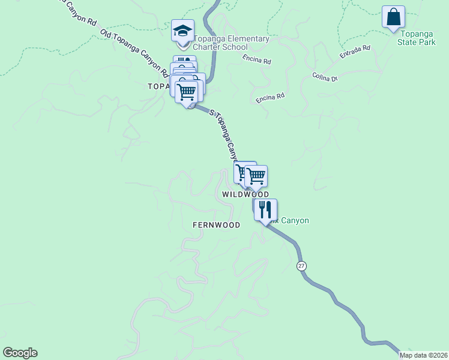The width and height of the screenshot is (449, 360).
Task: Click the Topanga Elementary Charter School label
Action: tap(231, 43)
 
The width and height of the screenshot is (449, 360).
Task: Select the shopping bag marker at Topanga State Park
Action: tap(393, 17)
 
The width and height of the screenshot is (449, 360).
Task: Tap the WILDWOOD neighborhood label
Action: tap(246, 194)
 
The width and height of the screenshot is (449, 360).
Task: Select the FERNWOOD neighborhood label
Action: tap(216, 225)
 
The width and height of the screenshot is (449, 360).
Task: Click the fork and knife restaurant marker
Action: tap(265, 210)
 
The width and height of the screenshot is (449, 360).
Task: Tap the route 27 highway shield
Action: tap(301, 266)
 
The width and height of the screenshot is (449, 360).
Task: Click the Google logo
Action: tap(20, 353)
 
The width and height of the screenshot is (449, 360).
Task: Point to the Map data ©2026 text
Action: tap(423, 355)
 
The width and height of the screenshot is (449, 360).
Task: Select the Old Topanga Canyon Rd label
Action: tap(134, 53)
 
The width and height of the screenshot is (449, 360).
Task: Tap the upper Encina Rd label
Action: tap(258, 60)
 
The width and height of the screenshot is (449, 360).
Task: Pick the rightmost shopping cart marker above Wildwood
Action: tap(256, 176)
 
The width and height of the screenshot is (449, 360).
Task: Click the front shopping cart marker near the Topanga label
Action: tap(187, 93)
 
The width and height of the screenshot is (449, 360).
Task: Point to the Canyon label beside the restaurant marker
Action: tap(292, 221)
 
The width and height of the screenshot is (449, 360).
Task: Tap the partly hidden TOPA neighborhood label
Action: tap(159, 86)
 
